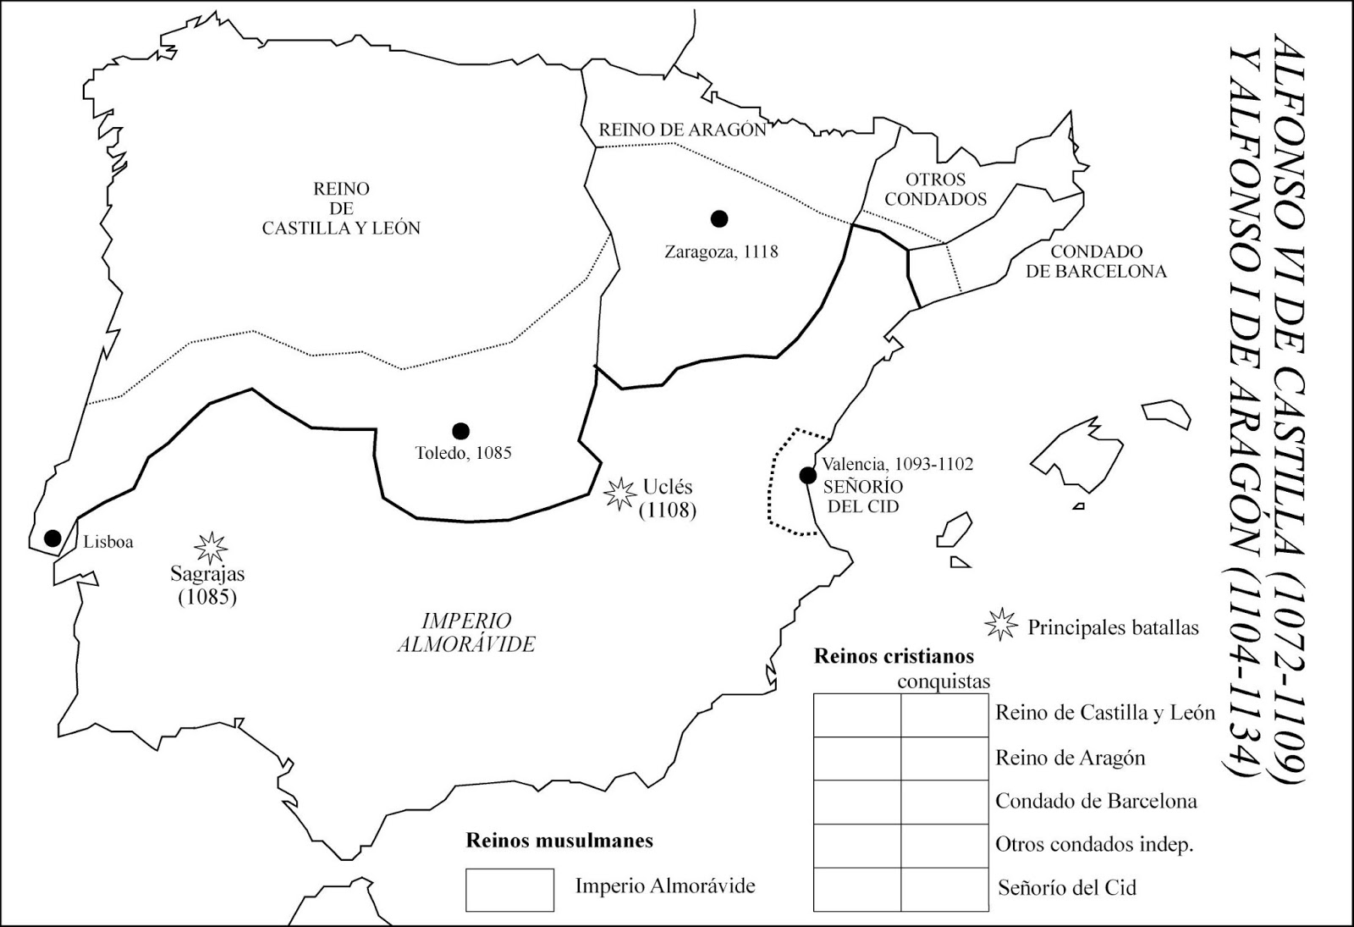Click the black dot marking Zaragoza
(719, 218)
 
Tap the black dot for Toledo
(460, 430)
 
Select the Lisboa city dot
(52, 538)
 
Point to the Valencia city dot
(808, 475)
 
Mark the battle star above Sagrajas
(211, 548)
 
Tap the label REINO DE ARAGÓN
(682, 130)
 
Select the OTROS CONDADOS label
(935, 190)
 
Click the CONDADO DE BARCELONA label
(1096, 262)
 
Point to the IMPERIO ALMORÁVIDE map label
(466, 632)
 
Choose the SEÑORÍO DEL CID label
(862, 496)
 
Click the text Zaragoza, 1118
(721, 251)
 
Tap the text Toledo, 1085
(463, 453)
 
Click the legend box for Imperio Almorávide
(509, 889)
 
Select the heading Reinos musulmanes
(559, 841)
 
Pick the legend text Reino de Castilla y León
(1105, 713)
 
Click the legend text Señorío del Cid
(1066, 888)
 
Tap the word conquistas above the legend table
(943, 681)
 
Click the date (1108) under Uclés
(667, 510)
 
